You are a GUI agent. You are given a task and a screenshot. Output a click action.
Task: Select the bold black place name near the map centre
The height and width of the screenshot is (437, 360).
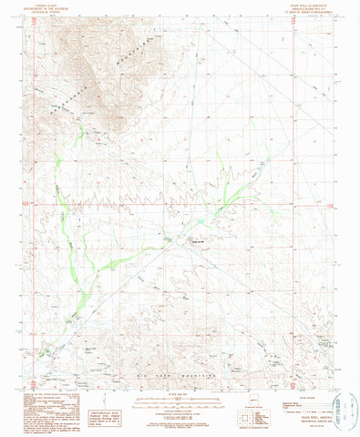point(199,241)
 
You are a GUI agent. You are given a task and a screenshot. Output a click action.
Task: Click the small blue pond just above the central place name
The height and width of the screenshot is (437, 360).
point(200,222)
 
